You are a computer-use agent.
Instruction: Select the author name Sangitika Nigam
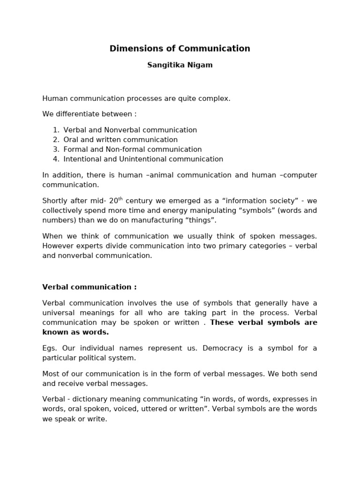point(180,65)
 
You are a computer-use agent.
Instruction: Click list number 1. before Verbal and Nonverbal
point(56,130)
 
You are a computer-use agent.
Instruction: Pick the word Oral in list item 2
point(71,140)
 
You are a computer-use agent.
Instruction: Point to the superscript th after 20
point(120,199)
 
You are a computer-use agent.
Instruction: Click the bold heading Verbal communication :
point(90,287)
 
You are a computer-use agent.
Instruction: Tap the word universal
point(58,313)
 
